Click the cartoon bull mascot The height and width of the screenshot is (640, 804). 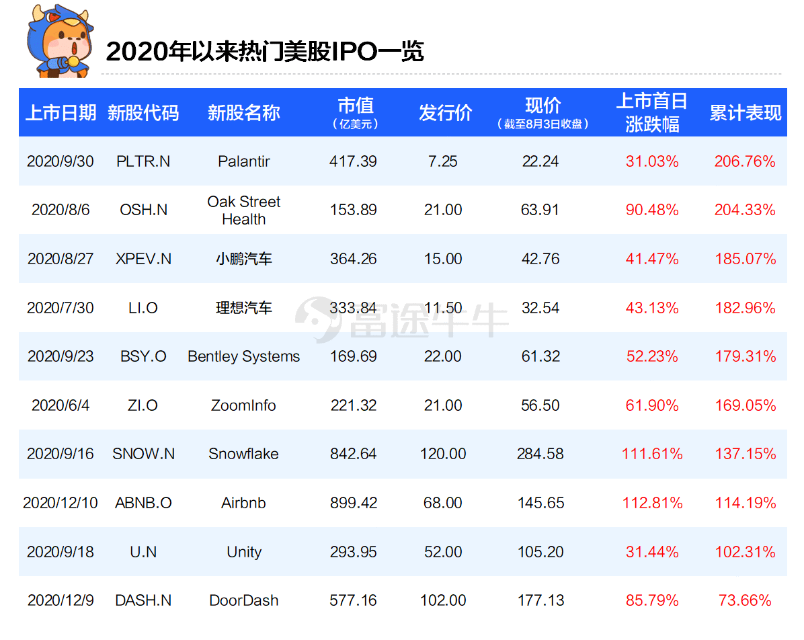coord(61,41)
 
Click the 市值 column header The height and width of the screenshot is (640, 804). coord(356,112)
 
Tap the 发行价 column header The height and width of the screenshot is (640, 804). coord(445,113)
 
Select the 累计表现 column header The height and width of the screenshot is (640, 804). coord(745,113)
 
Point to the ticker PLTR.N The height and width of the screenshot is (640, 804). coord(143,161)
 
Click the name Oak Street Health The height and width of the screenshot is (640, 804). coord(243,210)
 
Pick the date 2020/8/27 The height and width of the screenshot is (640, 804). coord(61,258)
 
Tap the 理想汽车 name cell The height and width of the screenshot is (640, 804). coord(243,308)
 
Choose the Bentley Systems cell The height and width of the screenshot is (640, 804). coord(243,356)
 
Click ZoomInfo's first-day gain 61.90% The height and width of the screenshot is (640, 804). coord(651,405)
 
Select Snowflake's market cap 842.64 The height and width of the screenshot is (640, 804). coord(354,454)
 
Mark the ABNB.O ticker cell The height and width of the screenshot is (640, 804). coord(143,503)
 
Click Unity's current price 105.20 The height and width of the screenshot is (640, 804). coord(540,552)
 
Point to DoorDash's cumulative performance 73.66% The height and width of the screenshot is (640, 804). coord(745,600)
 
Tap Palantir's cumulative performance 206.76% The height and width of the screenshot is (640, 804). coord(745,161)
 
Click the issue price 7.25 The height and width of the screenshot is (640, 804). coord(442,161)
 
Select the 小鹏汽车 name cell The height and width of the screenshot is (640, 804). coord(243,259)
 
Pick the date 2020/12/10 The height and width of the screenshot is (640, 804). coord(61,503)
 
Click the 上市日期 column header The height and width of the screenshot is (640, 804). coord(61,113)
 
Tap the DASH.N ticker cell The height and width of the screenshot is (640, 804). coord(143,600)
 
